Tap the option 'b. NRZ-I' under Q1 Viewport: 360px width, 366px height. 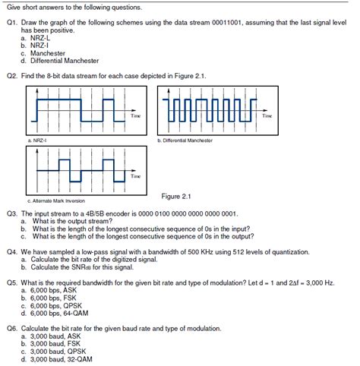tap(36, 46)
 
